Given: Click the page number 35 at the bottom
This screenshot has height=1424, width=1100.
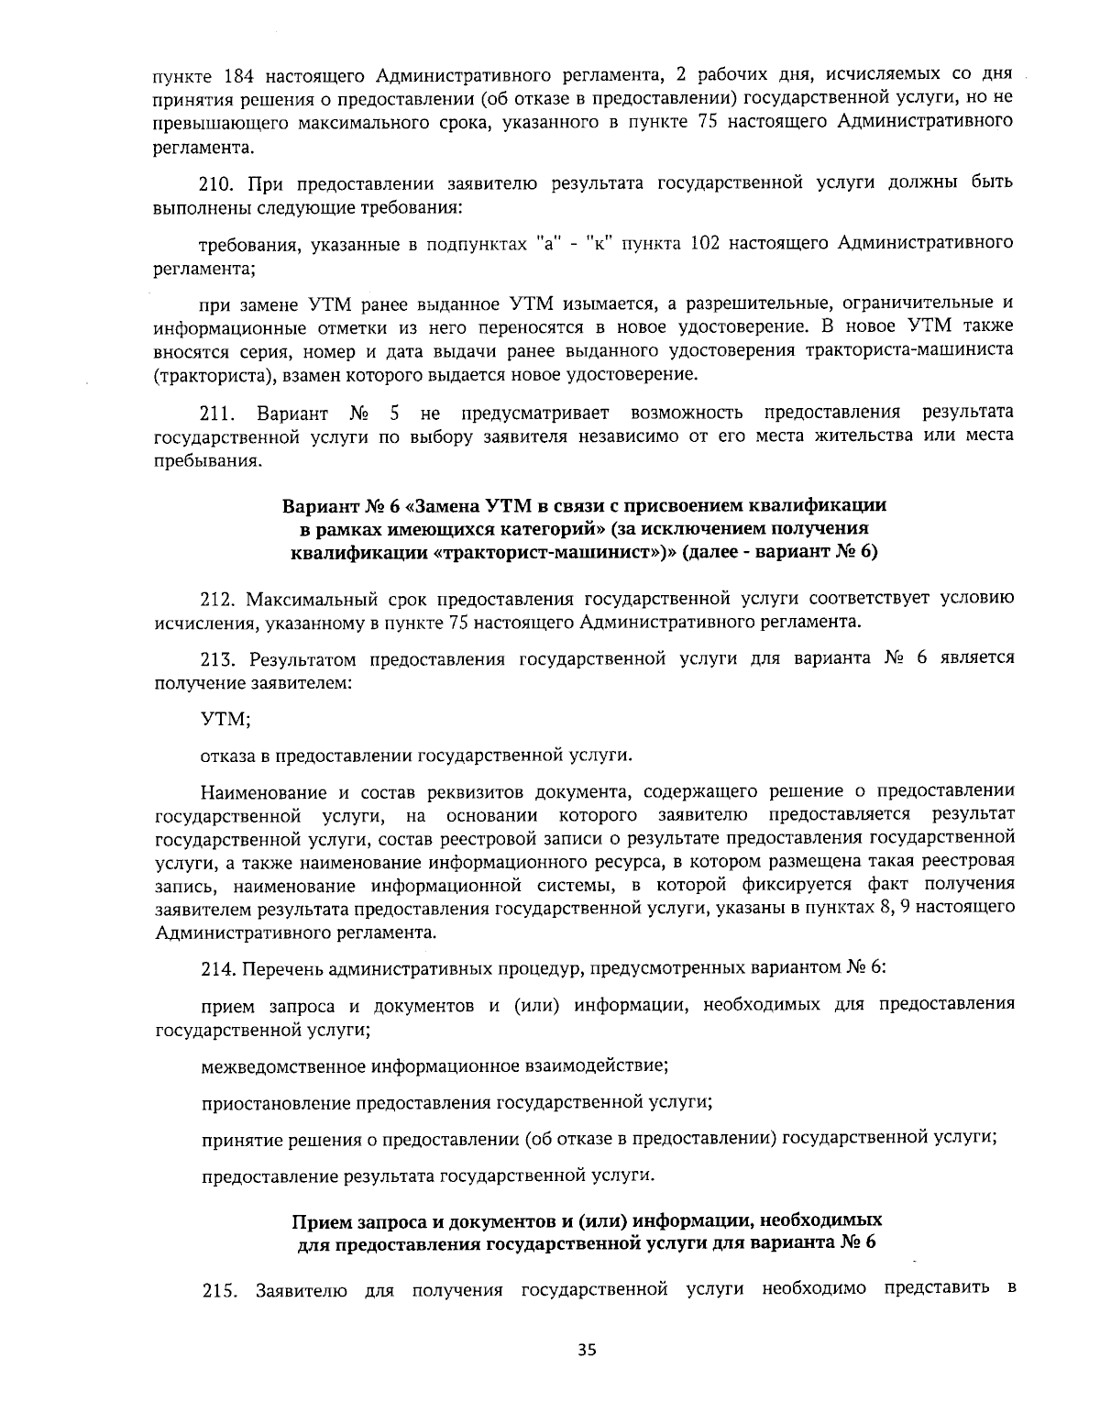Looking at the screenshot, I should pyautogui.click(x=587, y=1349).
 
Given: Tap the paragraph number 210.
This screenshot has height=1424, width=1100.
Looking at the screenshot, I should pyautogui.click(x=215, y=182).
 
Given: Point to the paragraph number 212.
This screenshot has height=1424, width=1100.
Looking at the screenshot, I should pyautogui.click(x=215, y=599).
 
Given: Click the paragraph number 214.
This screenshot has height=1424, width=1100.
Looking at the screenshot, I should pyautogui.click(x=215, y=967).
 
